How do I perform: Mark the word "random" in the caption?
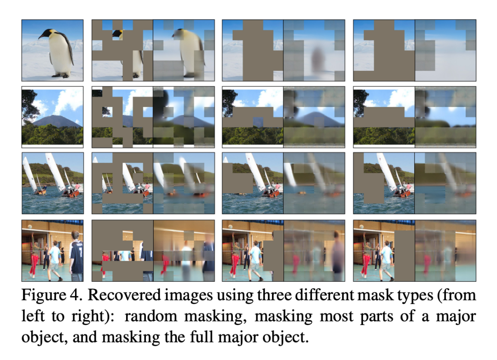click(148, 316)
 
